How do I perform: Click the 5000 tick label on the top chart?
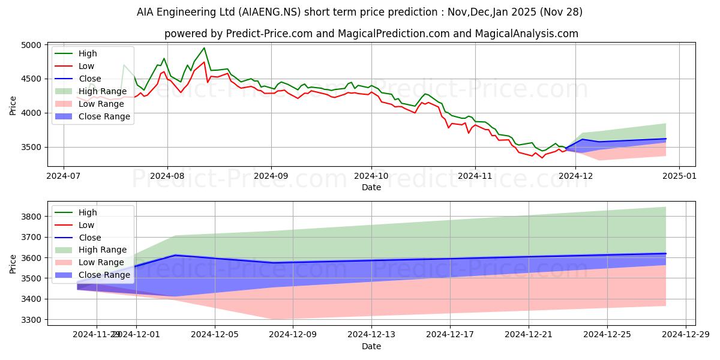point(31,45)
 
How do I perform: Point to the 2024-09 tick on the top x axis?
point(271,177)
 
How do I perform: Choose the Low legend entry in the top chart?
point(86,66)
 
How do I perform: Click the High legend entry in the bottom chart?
point(88,212)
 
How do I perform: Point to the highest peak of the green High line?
point(204,48)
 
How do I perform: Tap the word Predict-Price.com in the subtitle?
point(263,34)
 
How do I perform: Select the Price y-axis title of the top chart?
point(13,104)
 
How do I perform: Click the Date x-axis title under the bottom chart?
point(371,347)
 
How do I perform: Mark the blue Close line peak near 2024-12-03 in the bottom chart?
point(175,255)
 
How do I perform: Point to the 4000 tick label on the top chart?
point(31,113)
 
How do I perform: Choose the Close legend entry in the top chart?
point(90,79)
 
